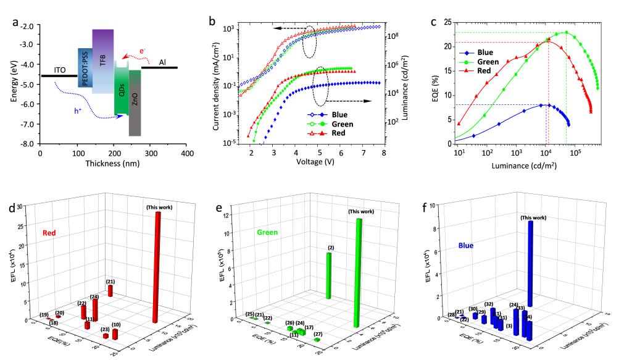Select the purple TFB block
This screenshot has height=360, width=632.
(x=102, y=61)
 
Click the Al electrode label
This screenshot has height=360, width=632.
(x=162, y=62)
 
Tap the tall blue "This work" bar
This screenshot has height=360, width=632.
(x=530, y=266)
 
